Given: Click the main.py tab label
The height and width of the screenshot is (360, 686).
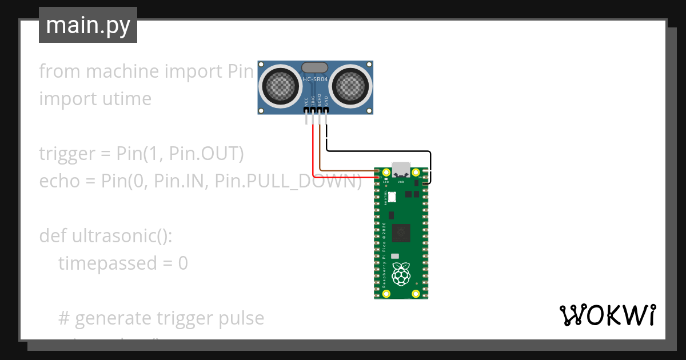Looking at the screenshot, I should pyautogui.click(x=87, y=25).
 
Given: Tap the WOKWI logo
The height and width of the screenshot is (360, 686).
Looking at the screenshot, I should pyautogui.click(x=607, y=315).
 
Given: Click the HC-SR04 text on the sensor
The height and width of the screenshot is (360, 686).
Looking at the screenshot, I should pyautogui.click(x=316, y=78).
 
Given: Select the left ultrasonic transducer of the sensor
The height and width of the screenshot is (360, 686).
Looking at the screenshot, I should pyautogui.click(x=281, y=87).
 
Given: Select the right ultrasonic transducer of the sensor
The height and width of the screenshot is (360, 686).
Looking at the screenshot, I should pyautogui.click(x=350, y=87).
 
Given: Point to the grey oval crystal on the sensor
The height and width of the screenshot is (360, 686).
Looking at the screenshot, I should pyautogui.click(x=315, y=67).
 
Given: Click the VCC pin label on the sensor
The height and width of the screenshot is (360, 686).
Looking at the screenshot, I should pyautogui.click(x=306, y=102).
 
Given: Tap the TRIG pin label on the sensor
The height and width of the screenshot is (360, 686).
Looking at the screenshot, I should pyautogui.click(x=313, y=101).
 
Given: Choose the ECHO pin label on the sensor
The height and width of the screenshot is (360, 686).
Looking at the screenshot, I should pyautogui.click(x=320, y=101).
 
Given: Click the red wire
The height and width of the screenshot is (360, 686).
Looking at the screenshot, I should pyautogui.click(x=313, y=154).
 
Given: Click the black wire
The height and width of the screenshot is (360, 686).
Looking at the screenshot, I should pyautogui.click(x=377, y=151).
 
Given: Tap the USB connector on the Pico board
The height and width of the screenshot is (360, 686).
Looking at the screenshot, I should pyautogui.click(x=401, y=169).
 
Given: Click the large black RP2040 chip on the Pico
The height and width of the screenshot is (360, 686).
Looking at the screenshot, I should pyautogui.click(x=402, y=232).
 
